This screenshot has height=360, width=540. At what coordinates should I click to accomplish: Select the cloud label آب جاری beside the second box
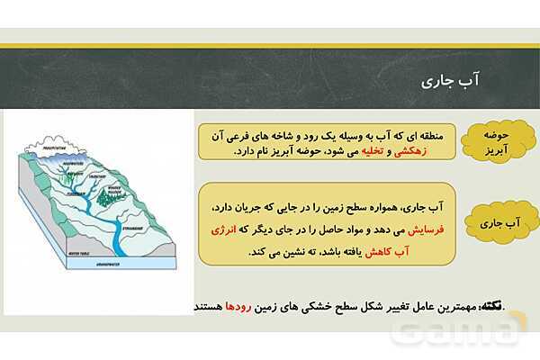(x=497, y=220)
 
